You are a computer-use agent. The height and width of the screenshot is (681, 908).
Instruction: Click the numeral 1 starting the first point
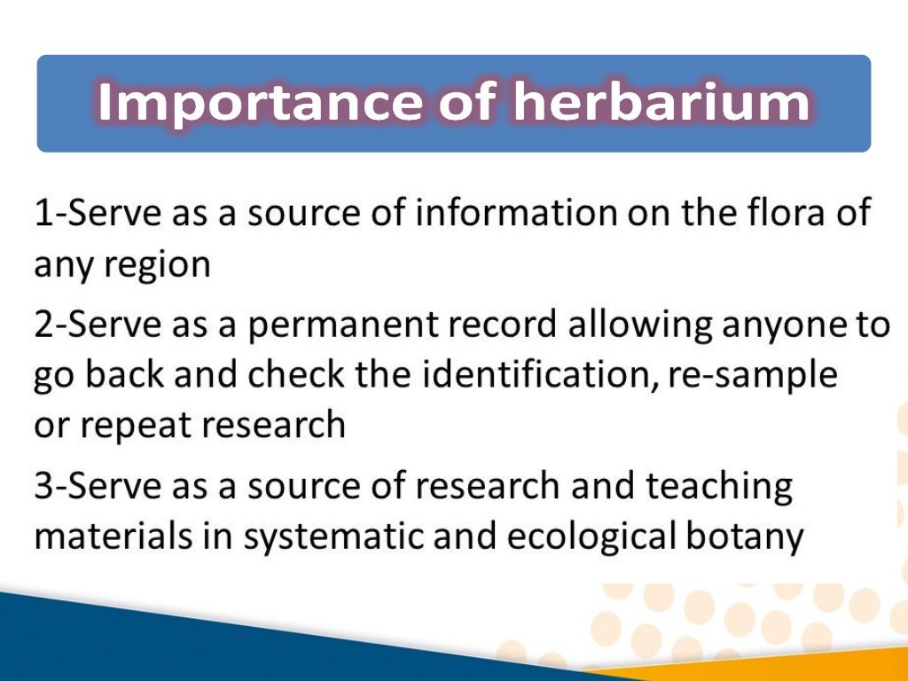pyautogui.click(x=43, y=215)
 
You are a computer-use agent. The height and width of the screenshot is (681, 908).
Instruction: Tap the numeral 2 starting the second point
pyautogui.click(x=44, y=326)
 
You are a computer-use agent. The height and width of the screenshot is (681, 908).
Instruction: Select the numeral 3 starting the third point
pyautogui.click(x=44, y=487)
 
